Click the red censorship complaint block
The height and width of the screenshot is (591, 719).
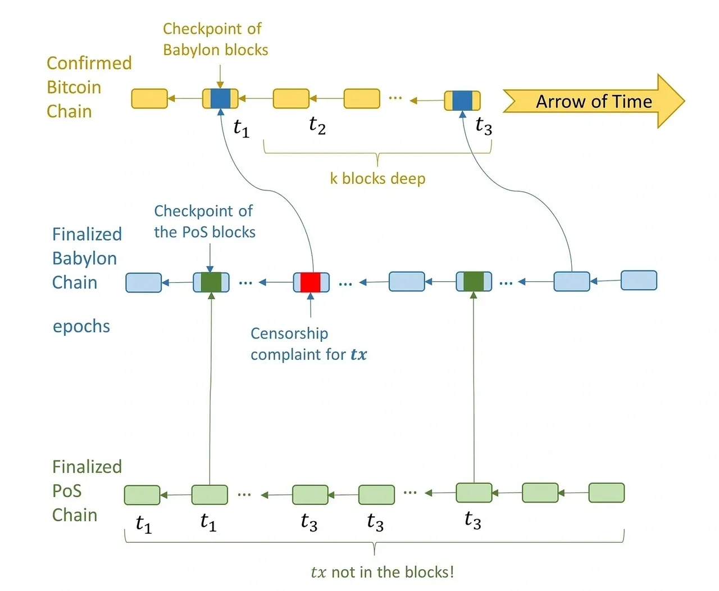coord(311,282)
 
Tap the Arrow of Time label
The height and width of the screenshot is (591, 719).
coord(594,101)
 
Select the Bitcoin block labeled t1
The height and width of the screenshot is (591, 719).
coord(220,98)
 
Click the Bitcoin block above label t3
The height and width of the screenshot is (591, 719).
coord(462,101)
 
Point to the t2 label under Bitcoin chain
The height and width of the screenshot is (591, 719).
coord(317,125)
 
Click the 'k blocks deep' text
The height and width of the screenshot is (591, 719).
coord(377,179)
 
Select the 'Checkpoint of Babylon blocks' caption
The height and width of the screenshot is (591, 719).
coord(215,39)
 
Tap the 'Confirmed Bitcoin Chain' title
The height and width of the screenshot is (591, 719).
coord(89,87)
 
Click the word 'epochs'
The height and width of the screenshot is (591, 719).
coord(81,326)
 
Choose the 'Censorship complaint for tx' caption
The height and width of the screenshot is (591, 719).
coord(308,344)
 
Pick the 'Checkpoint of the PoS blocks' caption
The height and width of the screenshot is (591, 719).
coord(204,222)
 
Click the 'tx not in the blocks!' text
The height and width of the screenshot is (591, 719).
coord(382,572)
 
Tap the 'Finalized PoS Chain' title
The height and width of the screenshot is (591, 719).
coord(87,491)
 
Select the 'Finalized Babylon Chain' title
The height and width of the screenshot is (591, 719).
coord(87,258)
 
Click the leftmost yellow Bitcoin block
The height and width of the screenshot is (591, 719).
coord(149,98)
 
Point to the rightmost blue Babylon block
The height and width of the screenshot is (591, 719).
coord(639,280)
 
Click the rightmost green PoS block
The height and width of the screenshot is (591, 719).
coord(606,493)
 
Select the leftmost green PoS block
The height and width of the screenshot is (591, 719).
coord(142,495)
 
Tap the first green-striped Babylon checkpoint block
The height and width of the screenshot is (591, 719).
coord(211,282)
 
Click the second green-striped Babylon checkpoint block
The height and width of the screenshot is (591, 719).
coord(474,281)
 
